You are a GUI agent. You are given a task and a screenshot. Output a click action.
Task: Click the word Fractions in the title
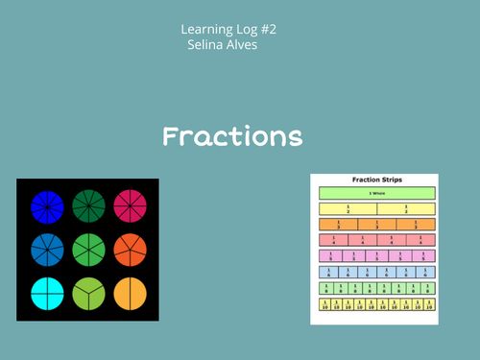click(x=232, y=136)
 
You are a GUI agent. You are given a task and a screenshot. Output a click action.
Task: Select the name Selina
click(x=210, y=46)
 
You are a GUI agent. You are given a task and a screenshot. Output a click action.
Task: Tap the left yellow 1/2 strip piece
click(x=348, y=208)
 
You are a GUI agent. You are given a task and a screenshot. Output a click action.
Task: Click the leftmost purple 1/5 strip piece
click(x=330, y=255)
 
